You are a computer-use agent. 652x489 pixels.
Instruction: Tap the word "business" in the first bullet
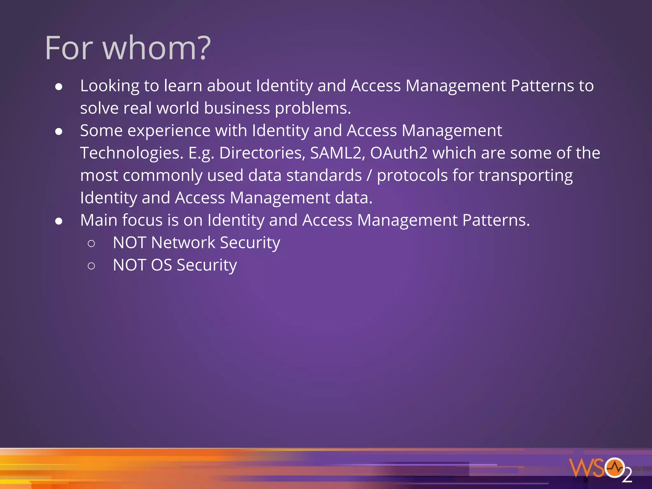point(237,108)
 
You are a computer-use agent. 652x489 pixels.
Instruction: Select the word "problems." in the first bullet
point(313,108)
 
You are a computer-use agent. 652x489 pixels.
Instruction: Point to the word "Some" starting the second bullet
point(101,131)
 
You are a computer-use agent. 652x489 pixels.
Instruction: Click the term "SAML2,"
point(337,153)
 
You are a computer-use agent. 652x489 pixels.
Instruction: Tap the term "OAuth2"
point(399,153)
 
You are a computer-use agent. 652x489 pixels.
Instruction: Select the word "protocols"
point(412,175)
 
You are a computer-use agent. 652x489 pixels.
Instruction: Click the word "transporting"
point(526,175)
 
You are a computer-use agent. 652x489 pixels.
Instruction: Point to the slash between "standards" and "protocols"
point(369,175)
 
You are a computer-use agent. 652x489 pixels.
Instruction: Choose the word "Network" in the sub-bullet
point(183,243)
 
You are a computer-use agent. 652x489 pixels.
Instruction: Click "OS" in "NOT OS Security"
point(161,265)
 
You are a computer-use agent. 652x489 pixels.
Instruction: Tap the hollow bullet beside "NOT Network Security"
point(91,244)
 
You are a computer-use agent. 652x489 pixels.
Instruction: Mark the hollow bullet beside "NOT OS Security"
point(91,266)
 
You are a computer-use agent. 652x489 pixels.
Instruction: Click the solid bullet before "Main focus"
point(59,221)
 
